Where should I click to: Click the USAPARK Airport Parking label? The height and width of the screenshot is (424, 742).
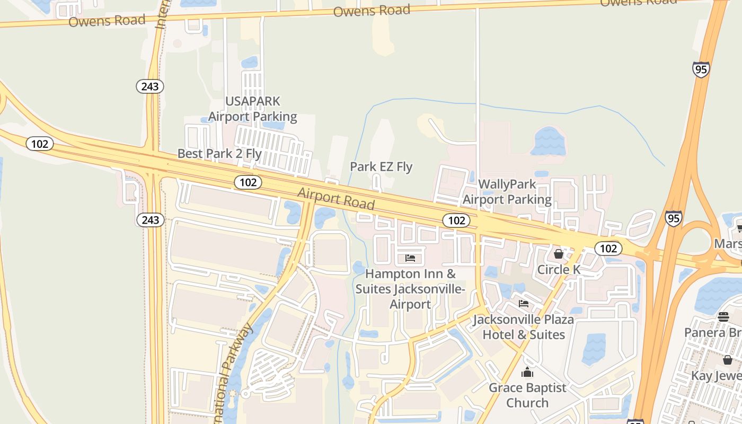tap(252, 109)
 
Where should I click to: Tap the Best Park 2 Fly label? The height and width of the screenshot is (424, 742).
tap(219, 154)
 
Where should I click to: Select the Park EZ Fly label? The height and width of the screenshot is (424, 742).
tap(381, 167)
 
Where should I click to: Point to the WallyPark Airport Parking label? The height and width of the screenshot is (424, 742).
tap(507, 192)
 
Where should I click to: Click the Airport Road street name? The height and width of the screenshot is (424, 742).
tap(336, 198)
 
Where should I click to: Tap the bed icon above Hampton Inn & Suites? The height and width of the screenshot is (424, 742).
tap(410, 258)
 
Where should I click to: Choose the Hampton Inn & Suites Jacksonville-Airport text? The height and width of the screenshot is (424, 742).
tap(410, 289)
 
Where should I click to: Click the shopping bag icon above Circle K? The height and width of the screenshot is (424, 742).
tap(559, 254)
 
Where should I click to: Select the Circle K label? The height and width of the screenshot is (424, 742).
tap(559, 269)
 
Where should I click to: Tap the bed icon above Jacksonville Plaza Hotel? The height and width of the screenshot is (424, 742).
tap(524, 304)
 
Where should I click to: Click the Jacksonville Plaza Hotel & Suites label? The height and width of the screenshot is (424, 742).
tap(523, 327)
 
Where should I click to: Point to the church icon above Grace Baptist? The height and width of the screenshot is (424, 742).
tap(527, 373)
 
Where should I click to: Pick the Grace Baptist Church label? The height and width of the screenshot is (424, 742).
tap(527, 395)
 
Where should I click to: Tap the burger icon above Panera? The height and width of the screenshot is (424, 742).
tap(723, 317)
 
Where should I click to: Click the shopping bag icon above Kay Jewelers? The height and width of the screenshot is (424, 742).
tap(727, 360)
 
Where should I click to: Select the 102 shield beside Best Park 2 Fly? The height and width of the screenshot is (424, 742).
tap(248, 182)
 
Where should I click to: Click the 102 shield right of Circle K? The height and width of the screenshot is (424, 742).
tap(608, 248)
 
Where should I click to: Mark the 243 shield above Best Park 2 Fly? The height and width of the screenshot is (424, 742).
tap(150, 86)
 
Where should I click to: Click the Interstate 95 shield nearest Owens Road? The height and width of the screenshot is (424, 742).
tap(701, 69)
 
